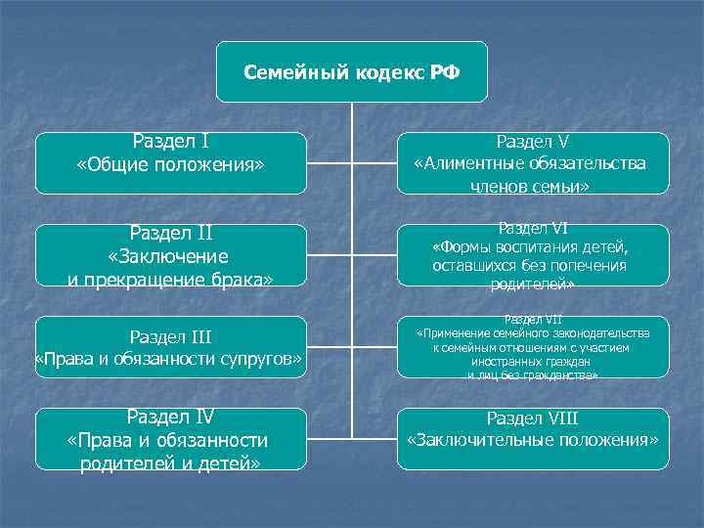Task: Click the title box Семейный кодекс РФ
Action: [351, 71]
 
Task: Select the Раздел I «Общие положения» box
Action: [170, 162]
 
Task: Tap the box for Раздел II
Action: [170, 255]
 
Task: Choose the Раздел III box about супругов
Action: [170, 348]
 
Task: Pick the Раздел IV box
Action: [170, 439]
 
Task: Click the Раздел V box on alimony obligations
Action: [532, 162]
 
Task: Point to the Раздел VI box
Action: [532, 255]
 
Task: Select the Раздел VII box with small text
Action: [532, 347]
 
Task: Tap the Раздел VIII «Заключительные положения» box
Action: [532, 439]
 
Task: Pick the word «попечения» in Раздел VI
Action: [589, 265]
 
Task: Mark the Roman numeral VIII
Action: [560, 418]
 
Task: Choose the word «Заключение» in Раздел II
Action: [169, 256]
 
